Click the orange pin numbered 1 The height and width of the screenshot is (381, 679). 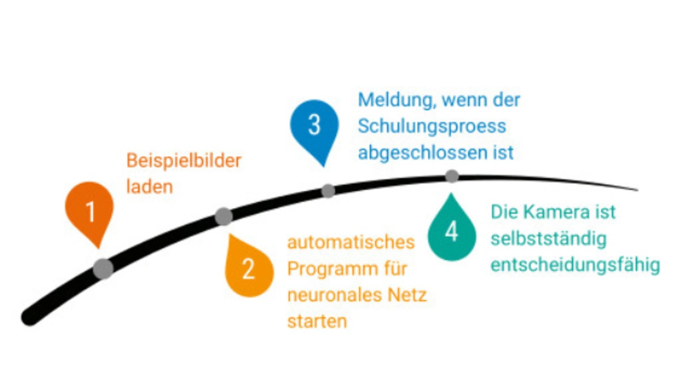[x=90, y=210]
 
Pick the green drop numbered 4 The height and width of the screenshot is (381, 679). [x=451, y=232]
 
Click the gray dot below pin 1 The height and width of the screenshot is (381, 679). [x=103, y=269]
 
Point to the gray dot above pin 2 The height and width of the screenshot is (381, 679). [x=224, y=216]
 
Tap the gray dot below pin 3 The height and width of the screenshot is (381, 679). [x=328, y=191]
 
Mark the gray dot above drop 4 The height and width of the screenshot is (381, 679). [x=451, y=176]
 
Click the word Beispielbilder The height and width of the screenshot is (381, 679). [x=184, y=161]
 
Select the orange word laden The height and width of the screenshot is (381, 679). [x=150, y=187]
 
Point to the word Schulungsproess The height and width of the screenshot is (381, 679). [x=432, y=127]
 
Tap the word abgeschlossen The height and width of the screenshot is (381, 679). [x=423, y=153]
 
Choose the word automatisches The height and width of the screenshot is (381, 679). [x=351, y=242]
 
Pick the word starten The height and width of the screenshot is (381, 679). [x=317, y=321]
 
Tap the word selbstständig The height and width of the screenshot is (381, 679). [x=548, y=238]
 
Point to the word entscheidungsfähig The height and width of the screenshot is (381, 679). [x=575, y=265]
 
